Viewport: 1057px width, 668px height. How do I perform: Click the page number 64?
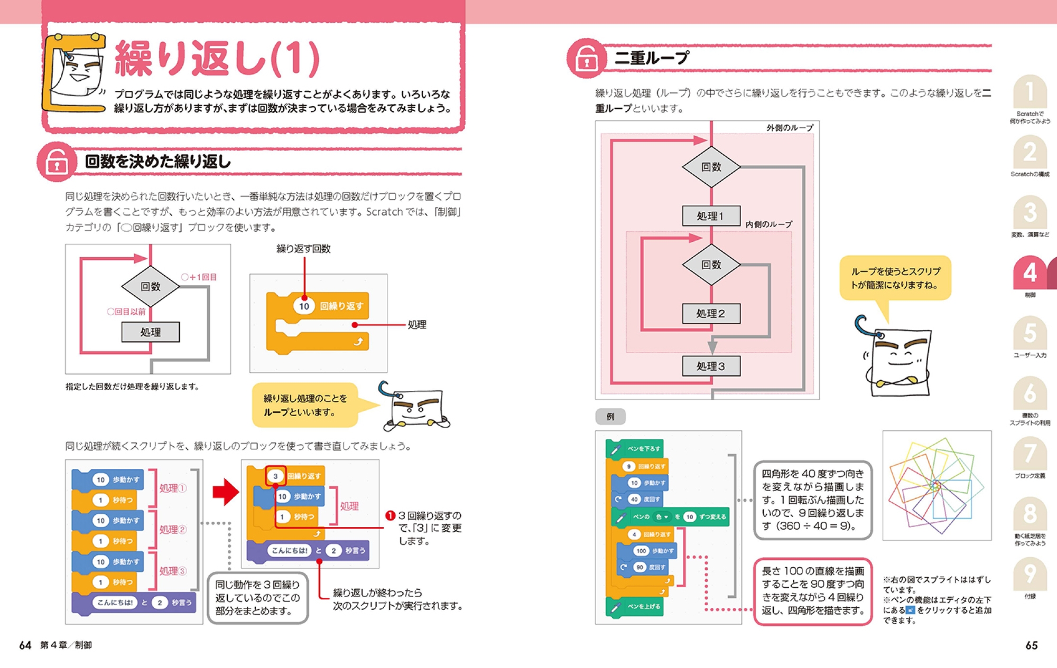tap(25, 645)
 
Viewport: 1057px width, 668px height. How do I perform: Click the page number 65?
tap(1031, 645)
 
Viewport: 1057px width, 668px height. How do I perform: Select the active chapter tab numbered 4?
tap(1030, 273)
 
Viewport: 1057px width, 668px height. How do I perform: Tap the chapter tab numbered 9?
tap(1030, 574)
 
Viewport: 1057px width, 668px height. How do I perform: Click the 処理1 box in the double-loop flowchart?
tap(711, 216)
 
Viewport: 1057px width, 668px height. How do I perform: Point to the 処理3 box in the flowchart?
tap(711, 366)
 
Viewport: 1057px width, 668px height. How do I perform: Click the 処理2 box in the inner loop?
tap(711, 314)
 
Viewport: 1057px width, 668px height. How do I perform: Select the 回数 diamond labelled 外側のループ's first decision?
tap(711, 167)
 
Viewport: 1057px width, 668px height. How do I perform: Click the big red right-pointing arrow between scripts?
tap(225, 492)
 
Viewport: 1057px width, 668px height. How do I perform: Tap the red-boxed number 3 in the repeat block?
tap(275, 476)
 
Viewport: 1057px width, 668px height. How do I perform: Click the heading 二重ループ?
tap(652, 58)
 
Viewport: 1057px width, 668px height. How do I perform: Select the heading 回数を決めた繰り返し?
tap(158, 162)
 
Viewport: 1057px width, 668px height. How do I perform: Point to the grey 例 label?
tap(610, 417)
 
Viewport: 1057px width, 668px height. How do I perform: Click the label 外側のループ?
tap(790, 128)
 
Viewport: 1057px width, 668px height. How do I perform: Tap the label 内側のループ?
tap(768, 224)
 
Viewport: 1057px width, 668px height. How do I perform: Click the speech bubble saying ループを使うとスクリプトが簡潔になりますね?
tap(895, 278)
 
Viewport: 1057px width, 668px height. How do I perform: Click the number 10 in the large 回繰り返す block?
tap(304, 306)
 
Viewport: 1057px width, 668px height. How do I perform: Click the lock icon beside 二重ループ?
tap(587, 58)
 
